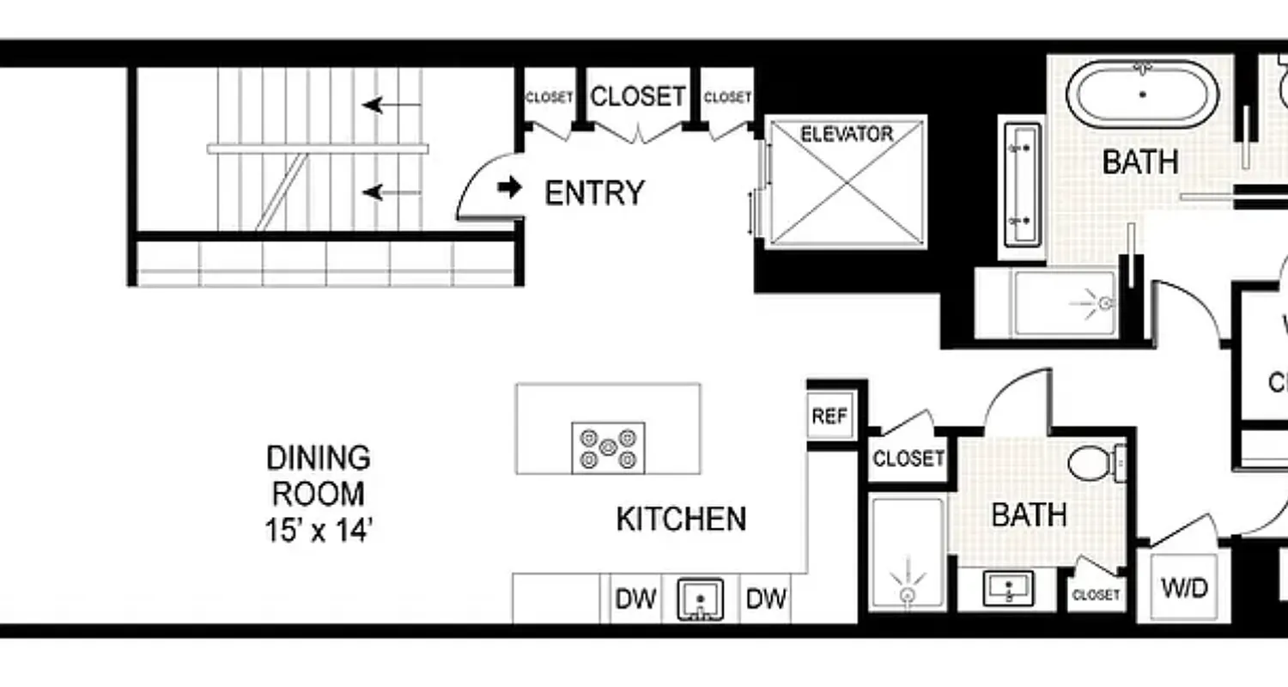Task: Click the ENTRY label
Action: (594, 193)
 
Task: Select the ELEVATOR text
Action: (846, 134)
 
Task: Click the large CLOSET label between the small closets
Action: (637, 96)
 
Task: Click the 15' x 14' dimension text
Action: (318, 531)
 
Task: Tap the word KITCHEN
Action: (681, 520)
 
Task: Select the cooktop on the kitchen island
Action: (608, 447)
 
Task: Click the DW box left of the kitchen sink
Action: (635, 599)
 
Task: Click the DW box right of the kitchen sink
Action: (765, 599)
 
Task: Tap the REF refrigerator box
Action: (829, 416)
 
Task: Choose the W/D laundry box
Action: (1184, 589)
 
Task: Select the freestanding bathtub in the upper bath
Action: (1142, 94)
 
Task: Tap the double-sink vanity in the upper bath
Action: (1021, 185)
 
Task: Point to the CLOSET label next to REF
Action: (908, 459)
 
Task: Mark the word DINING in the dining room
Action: (318, 458)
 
